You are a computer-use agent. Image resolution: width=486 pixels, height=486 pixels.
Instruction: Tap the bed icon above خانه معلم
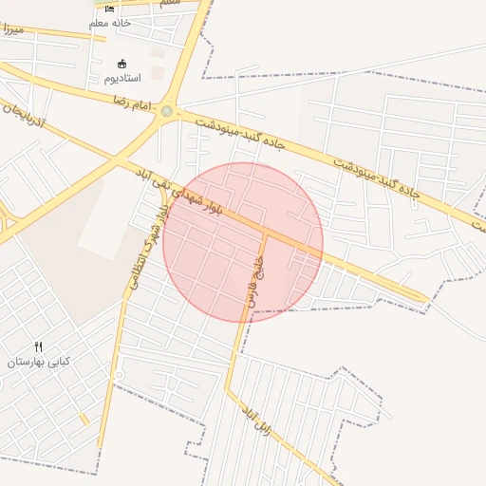110,9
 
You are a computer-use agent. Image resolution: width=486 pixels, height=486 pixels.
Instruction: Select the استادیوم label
121,78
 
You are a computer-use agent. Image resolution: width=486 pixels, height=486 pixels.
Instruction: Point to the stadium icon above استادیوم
121,64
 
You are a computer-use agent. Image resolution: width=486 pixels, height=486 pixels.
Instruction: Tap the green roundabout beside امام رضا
168,112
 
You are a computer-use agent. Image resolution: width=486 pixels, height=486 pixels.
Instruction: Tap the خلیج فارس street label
254,281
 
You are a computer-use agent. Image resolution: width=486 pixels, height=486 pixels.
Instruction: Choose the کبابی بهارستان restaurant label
39,363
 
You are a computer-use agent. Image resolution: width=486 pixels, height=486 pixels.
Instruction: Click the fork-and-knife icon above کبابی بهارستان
39,347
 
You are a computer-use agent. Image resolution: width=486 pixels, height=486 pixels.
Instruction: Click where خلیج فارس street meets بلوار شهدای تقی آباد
266,231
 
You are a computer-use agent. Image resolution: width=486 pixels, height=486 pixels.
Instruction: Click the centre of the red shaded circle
243,243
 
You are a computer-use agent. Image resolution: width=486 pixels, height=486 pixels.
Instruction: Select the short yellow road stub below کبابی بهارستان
84,418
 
